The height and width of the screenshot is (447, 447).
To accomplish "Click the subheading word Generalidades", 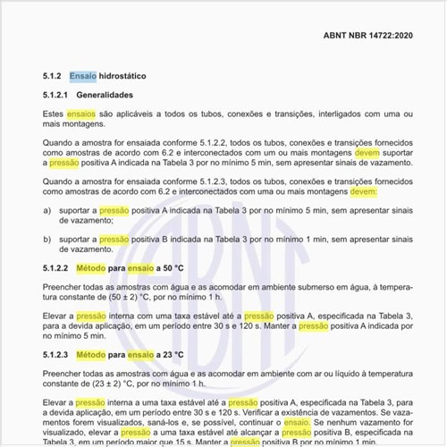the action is tap(117, 95).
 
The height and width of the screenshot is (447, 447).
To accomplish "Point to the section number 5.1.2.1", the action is tap(55, 95).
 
